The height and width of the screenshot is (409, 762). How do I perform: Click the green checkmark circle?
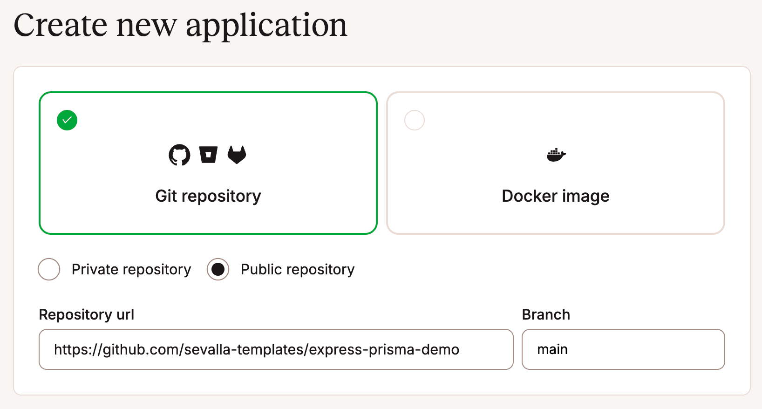click(67, 120)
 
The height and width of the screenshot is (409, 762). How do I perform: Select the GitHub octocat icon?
click(179, 155)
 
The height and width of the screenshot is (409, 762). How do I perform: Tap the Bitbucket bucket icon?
click(208, 155)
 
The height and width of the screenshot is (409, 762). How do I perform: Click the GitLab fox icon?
click(237, 155)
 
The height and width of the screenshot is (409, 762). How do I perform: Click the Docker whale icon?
click(556, 155)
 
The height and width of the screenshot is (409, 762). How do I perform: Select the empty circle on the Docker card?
click(415, 120)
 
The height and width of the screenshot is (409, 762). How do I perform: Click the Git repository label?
click(208, 196)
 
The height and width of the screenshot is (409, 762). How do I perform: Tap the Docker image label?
click(555, 196)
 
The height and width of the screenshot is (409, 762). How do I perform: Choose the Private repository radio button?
click(49, 269)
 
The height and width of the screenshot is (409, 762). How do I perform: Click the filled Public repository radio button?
click(218, 269)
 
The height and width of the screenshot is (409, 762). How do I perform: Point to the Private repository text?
click(131, 269)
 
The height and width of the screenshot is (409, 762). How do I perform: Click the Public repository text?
click(298, 269)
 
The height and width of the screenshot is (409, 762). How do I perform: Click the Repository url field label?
click(87, 314)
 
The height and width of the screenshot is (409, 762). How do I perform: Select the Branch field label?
click(546, 314)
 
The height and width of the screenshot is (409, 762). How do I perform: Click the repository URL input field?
click(276, 349)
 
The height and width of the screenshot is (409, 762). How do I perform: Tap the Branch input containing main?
click(623, 349)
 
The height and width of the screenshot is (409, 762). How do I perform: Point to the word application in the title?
click(266, 26)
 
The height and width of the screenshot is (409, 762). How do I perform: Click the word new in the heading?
click(146, 26)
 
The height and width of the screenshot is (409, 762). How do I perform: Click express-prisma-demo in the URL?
click(384, 349)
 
